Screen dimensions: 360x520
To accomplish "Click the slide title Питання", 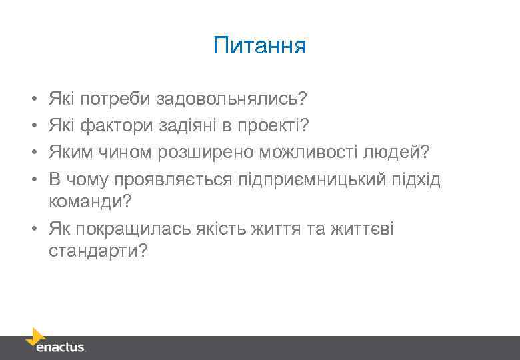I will click(x=259, y=46).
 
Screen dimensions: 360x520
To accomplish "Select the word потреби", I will click(x=116, y=99).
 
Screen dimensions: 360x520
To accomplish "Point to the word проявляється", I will click(x=176, y=181).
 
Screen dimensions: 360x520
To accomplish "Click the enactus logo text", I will click(x=61, y=347).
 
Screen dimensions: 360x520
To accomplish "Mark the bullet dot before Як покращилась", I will click(x=34, y=229).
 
